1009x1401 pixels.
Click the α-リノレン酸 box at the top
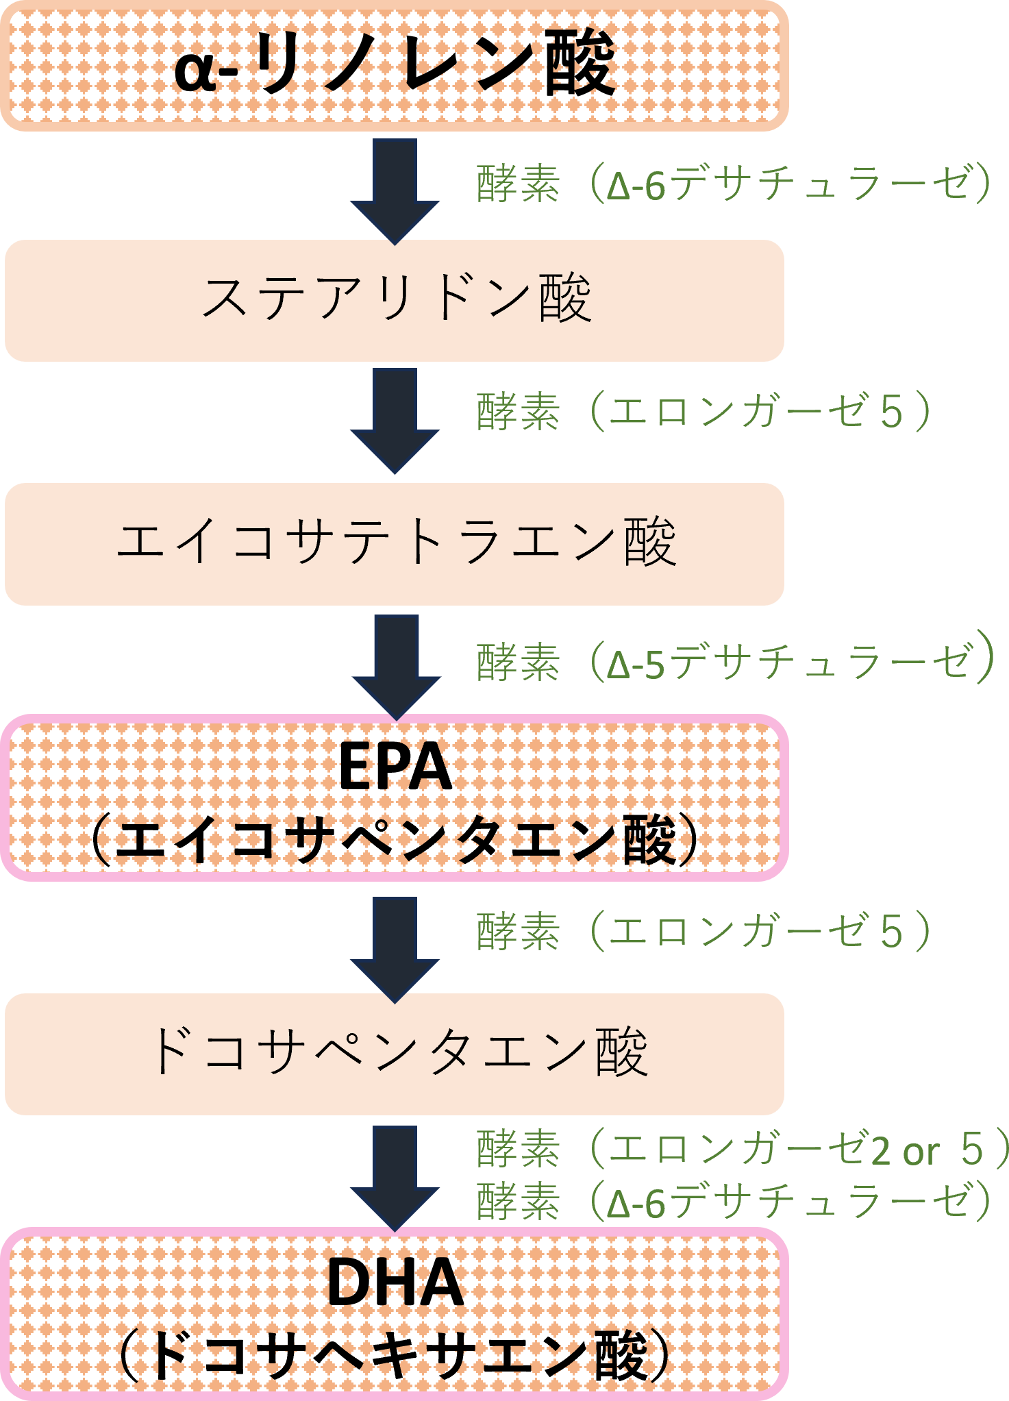(394, 65)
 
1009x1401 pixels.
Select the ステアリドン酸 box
(394, 300)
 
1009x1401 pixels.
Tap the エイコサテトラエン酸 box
(394, 543)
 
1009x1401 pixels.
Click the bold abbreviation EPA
(395, 767)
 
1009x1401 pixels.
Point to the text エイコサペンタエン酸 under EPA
(395, 840)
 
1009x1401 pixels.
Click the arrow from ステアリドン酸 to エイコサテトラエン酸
(395, 419)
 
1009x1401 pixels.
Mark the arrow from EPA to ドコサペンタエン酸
(395, 948)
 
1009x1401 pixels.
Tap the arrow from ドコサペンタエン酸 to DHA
(395, 1177)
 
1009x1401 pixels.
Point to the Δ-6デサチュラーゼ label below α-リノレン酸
(733, 184)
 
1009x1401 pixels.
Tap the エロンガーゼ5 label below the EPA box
(703, 932)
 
